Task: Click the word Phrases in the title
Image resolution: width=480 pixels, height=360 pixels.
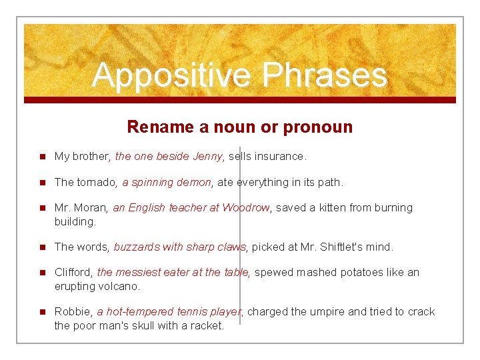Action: pos(325,75)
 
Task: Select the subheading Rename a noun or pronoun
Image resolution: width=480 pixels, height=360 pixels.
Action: pos(239,127)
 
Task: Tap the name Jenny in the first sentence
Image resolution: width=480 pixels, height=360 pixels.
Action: pos(207,157)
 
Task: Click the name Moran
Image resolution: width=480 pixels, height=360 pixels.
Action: pos(91,208)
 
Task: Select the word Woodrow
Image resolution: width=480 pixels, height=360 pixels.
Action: pos(246,208)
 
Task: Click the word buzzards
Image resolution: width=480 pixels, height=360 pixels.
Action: pos(137,247)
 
